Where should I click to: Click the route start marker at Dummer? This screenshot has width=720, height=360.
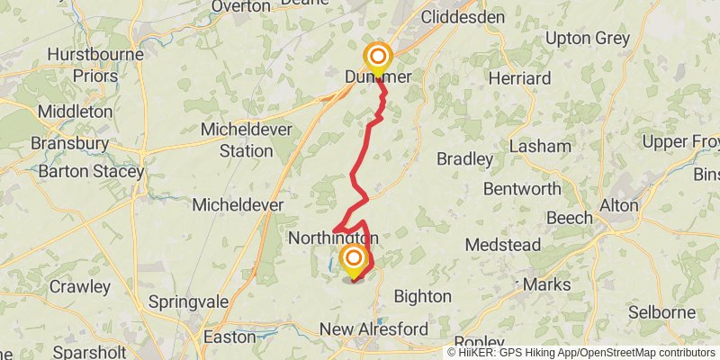click(377, 58)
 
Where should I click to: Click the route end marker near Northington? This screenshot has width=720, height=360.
click(352, 260)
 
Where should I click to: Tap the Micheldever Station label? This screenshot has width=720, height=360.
click(236, 139)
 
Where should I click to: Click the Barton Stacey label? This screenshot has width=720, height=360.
click(86, 171)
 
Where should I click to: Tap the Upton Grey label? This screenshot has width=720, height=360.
click(588, 38)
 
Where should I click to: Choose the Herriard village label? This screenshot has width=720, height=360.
click(519, 78)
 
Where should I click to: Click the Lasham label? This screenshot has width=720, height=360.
click(540, 146)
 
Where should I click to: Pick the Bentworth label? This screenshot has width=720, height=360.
click(522, 189)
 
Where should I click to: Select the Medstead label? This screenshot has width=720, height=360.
click(502, 245)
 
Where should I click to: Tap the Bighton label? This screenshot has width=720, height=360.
click(422, 295)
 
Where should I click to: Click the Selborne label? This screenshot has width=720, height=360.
click(661, 312)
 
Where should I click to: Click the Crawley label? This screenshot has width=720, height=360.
click(79, 288)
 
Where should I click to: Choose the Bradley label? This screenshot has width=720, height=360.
click(464, 159)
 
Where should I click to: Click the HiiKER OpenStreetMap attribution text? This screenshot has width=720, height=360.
click(581, 353)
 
